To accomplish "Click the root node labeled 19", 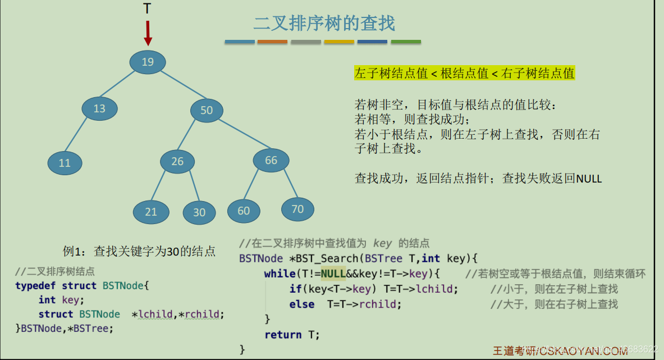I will (148, 62).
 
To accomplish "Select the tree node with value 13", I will (99, 108).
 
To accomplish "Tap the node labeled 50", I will (207, 110).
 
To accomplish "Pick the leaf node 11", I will (65, 163).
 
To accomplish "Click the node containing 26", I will (177, 162).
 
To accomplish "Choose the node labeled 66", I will (271, 161).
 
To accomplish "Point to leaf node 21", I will (151, 212).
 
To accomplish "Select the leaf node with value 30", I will (199, 212).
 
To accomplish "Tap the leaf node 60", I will (244, 211).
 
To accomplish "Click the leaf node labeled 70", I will (297, 209).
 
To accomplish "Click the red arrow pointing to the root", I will (148, 33).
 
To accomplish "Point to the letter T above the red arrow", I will (147, 8).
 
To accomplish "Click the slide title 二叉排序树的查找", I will (324, 23).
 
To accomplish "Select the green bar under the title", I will (405, 42).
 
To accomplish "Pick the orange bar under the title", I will (272, 42).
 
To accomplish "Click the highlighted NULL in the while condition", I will (333, 274).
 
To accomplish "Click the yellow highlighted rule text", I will (465, 73).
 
